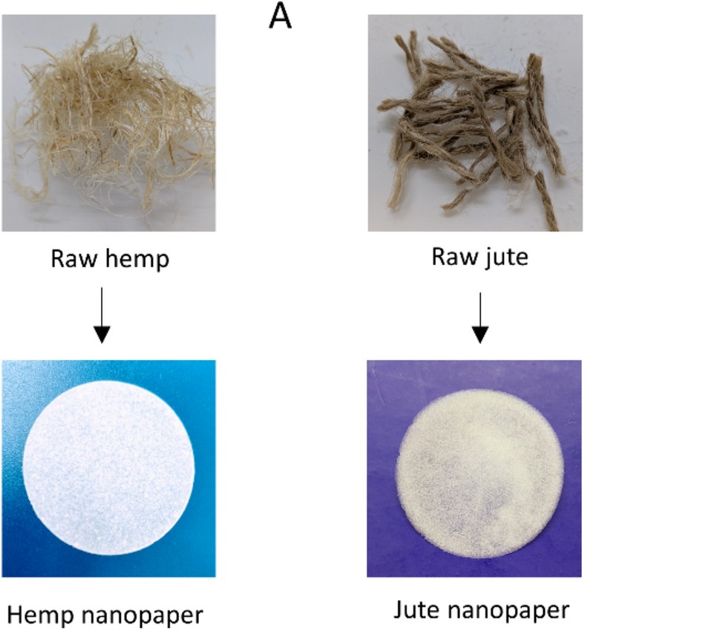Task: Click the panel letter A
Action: coord(280,16)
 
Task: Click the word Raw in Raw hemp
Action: coord(73,258)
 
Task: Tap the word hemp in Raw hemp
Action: coord(137,259)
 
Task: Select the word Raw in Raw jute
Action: coord(454,256)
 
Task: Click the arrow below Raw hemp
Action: coord(102,316)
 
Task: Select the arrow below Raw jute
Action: coord(480,318)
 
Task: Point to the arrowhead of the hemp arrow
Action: coord(102,335)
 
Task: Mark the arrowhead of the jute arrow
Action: coord(480,335)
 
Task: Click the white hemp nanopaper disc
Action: coord(109,468)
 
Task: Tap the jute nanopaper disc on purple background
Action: coord(480,474)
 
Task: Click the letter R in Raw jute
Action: coord(438,257)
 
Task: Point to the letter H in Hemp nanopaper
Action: coord(15,615)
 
